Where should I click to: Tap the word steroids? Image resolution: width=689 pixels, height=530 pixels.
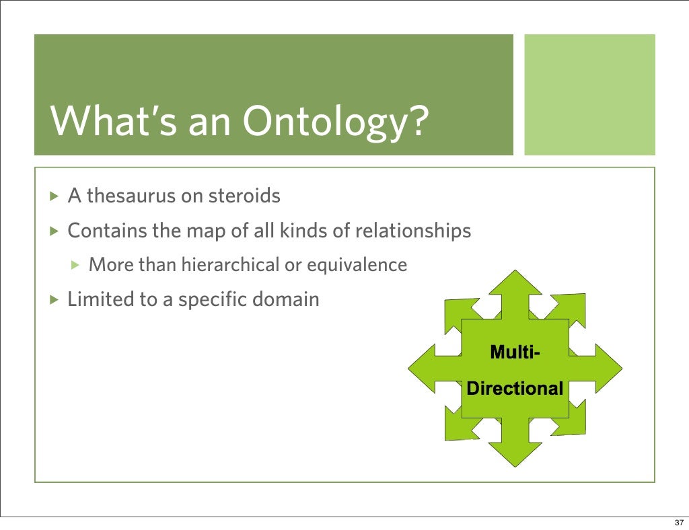click(x=244, y=196)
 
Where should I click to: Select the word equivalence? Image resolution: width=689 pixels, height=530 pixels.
click(x=357, y=265)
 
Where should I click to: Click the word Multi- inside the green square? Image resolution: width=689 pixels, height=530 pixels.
click(x=514, y=352)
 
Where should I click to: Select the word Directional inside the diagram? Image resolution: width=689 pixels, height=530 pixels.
click(x=515, y=389)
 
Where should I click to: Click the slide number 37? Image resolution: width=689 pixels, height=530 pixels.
click(x=678, y=521)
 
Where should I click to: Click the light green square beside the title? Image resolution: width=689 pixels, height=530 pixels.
click(x=589, y=94)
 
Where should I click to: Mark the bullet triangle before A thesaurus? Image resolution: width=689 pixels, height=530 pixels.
click(x=55, y=197)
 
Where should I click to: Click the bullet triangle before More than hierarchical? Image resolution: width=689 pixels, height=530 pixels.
click(x=76, y=266)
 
